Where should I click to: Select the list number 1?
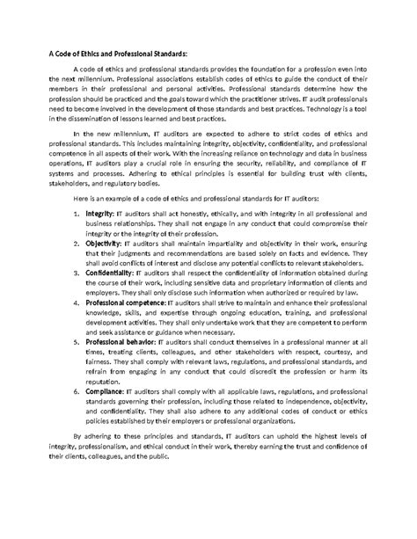click(x=78, y=237)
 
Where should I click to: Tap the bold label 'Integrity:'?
click(x=104, y=237)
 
